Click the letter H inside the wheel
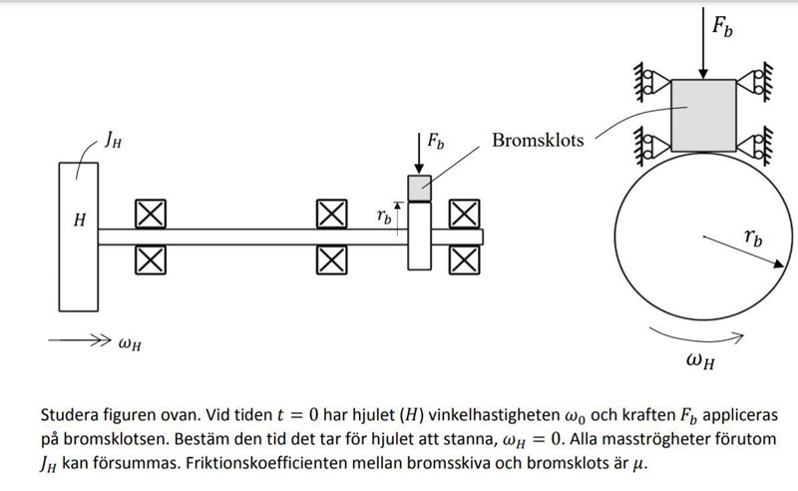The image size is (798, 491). tap(77, 219)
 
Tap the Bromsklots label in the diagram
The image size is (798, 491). tap(537, 140)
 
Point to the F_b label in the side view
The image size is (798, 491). tap(436, 141)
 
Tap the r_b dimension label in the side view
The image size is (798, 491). tap(383, 215)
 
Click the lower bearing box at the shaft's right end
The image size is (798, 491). tap(463, 259)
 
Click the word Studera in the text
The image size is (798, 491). tap(70, 414)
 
